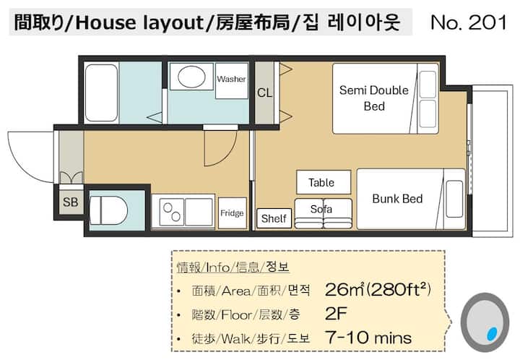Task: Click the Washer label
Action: coord(231,79)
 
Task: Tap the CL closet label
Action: coord(264,93)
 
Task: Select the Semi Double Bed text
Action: coord(374,98)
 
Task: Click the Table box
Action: coord(324,182)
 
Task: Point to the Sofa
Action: coord(323,213)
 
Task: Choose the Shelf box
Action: coord(274,218)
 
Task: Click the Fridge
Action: coord(232,213)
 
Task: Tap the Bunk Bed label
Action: coord(397,199)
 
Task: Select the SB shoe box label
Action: coord(70,202)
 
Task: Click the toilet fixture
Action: coord(108,210)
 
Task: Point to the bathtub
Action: coord(102,93)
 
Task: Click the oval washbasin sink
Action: coord(191,77)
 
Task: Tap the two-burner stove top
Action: coord(172,212)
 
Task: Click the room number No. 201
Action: coord(469,22)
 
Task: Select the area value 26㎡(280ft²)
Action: coord(378,289)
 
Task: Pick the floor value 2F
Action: coord(336,314)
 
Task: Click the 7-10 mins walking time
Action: coord(368,338)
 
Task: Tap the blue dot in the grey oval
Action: coord(492,333)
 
